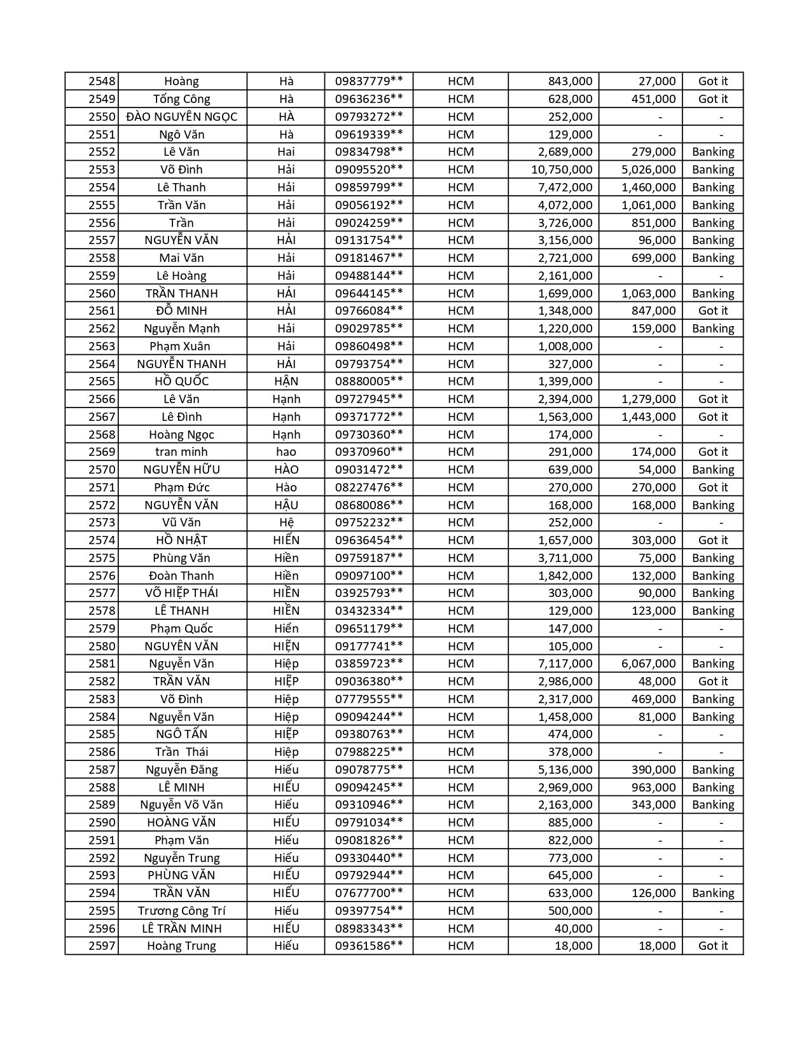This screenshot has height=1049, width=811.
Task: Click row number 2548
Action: coord(102,81)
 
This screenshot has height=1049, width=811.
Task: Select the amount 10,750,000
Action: coord(562,170)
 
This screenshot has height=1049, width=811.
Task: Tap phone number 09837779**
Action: coord(369,81)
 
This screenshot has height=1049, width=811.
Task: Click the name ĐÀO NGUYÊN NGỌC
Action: coord(182,117)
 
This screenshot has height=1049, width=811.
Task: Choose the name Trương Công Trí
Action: coord(182,911)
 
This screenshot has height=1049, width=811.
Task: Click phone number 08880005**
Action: coord(369,381)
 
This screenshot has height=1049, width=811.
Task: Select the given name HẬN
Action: coord(286,381)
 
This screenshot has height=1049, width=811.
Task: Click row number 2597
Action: coord(102,946)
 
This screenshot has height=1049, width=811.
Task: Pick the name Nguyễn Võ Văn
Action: coord(182,805)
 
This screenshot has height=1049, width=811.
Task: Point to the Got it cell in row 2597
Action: coord(712,946)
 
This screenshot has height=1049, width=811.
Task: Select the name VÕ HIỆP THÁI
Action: coord(182,593)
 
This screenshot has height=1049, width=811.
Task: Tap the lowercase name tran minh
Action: coord(182,452)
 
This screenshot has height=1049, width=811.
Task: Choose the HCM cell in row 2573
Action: coord(461,523)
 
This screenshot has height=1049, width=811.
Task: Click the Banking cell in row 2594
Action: coord(712,893)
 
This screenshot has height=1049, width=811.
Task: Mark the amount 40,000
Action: coord(573,929)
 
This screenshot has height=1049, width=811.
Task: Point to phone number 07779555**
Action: coord(369,699)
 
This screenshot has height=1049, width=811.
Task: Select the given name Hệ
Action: coord(286,523)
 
